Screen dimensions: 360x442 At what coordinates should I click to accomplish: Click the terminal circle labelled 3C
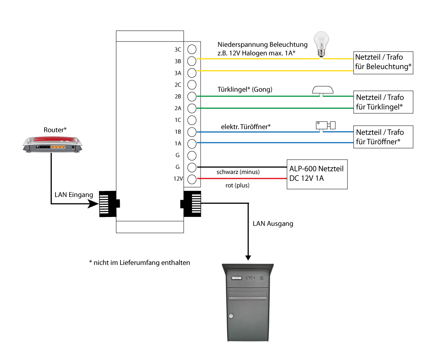(x=192, y=49)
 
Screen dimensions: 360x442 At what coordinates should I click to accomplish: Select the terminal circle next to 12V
(x=192, y=179)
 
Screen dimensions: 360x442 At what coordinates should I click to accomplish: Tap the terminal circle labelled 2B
(x=192, y=96)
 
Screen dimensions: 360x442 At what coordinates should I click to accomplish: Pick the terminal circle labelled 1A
(x=192, y=143)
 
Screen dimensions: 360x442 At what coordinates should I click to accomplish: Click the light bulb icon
(x=322, y=44)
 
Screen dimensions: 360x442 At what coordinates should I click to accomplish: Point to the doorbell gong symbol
(x=323, y=90)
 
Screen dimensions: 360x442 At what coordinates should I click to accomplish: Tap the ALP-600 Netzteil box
(x=317, y=174)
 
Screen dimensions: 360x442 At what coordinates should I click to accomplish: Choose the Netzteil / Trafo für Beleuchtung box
(x=383, y=63)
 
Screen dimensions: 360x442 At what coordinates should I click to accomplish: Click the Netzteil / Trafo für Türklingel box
(x=383, y=102)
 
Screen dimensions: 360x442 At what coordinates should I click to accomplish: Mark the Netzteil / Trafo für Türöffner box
(x=383, y=137)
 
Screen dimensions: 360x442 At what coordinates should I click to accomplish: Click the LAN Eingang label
(x=74, y=195)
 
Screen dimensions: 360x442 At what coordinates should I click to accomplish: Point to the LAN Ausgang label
(x=273, y=224)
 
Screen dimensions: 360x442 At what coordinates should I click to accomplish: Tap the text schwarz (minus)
(x=238, y=172)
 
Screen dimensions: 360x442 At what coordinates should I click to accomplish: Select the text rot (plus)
(x=238, y=186)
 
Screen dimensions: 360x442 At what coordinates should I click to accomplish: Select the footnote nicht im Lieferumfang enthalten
(x=139, y=262)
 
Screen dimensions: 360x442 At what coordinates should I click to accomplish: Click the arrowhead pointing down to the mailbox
(x=248, y=257)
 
